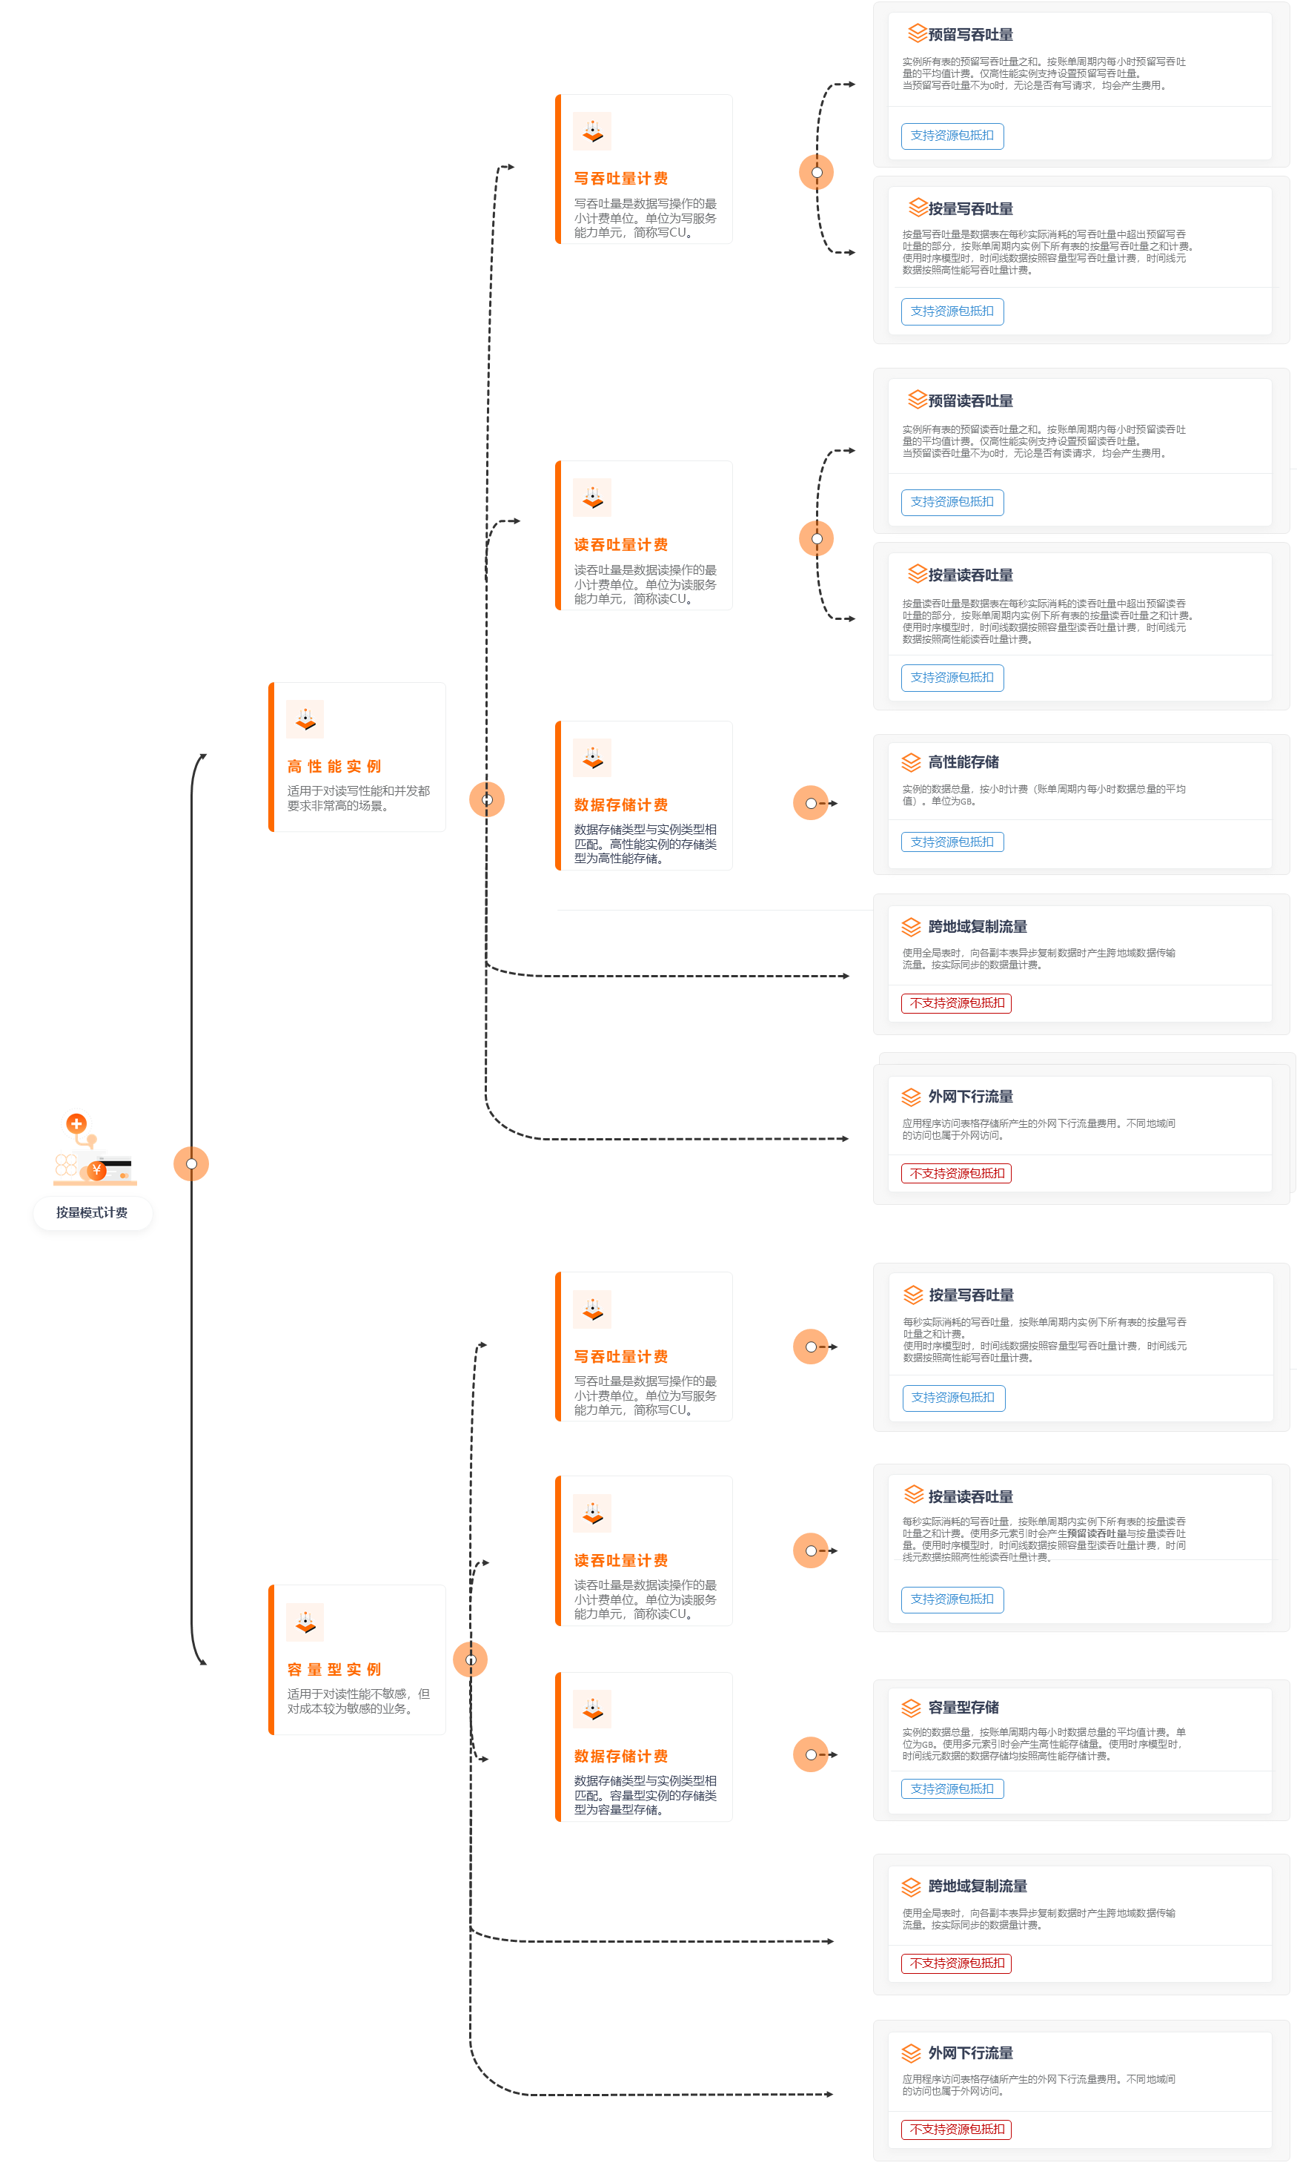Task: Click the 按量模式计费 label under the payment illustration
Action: click(x=92, y=1212)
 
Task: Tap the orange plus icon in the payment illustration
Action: click(x=77, y=1123)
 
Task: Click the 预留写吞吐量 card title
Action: click(x=970, y=35)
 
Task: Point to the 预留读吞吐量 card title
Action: click(x=970, y=401)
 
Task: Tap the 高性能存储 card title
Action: click(x=963, y=762)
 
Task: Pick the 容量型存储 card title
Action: click(x=963, y=1707)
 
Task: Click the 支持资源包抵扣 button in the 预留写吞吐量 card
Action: click(x=952, y=136)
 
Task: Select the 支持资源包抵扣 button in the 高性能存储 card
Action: click(x=952, y=842)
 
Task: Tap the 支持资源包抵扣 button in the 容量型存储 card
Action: click(x=952, y=1788)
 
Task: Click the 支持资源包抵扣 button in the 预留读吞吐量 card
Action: click(x=952, y=503)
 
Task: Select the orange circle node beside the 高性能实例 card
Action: click(x=487, y=799)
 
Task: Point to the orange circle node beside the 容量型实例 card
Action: click(x=470, y=1659)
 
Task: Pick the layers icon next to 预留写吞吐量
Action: click(x=917, y=33)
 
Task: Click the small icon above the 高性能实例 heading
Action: click(x=305, y=719)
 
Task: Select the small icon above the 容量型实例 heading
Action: click(x=305, y=1622)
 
